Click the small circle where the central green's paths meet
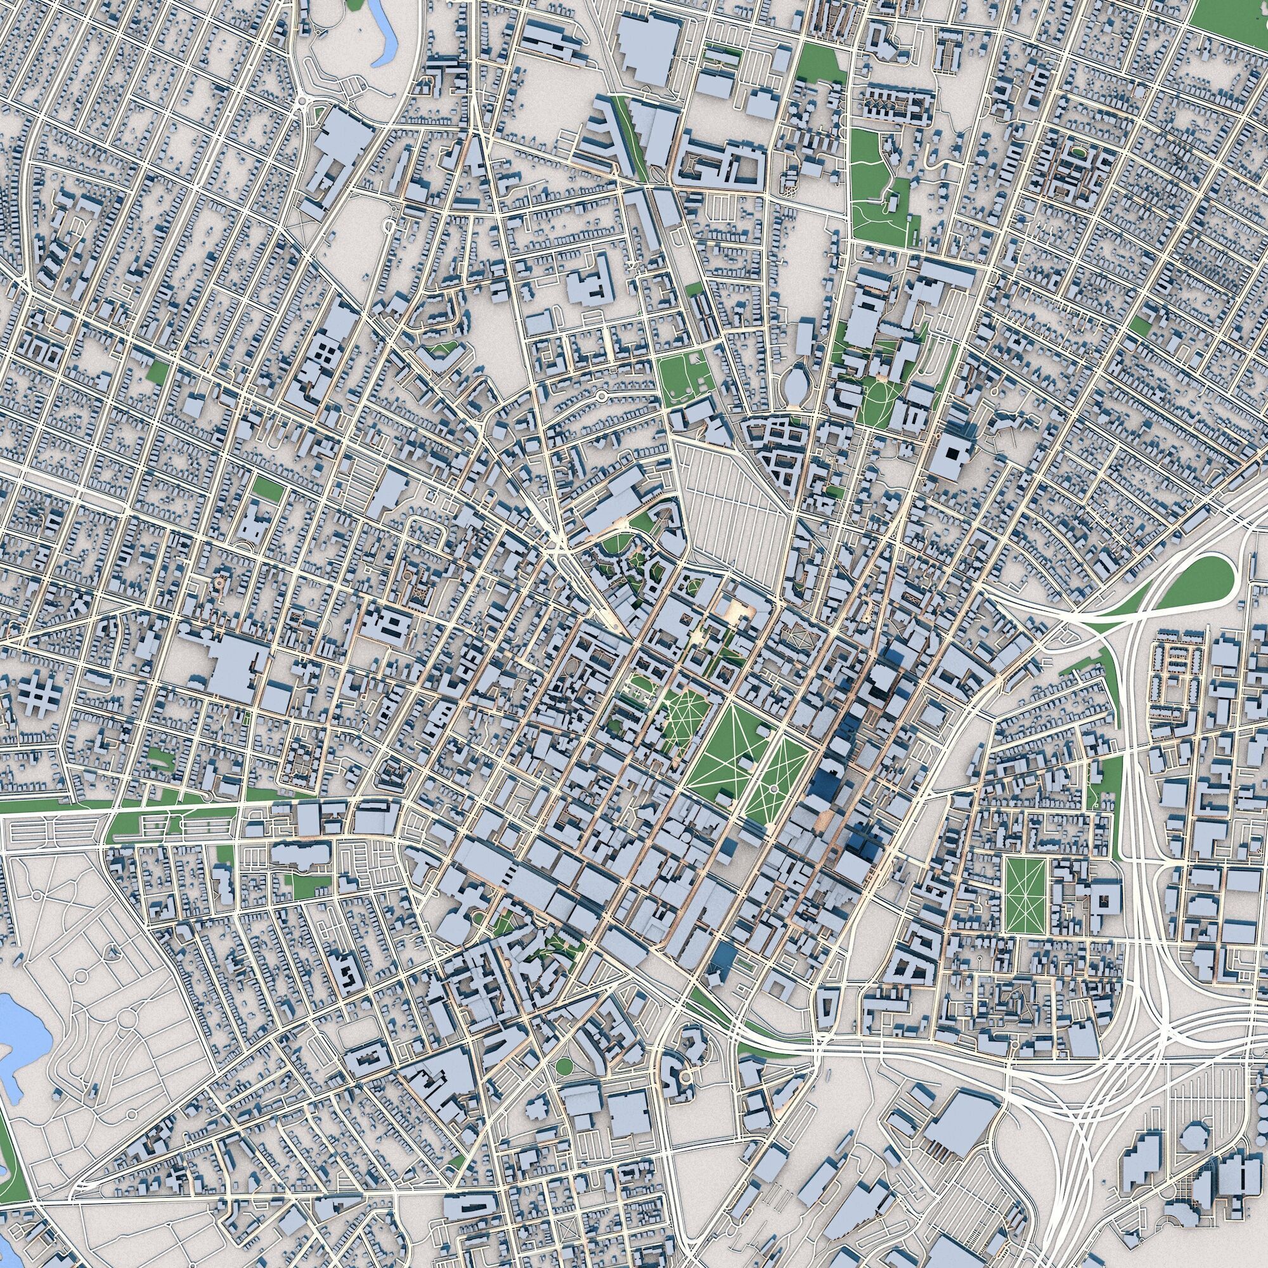pyautogui.click(x=773, y=787)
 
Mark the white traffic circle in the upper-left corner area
pyautogui.click(x=302, y=101)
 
